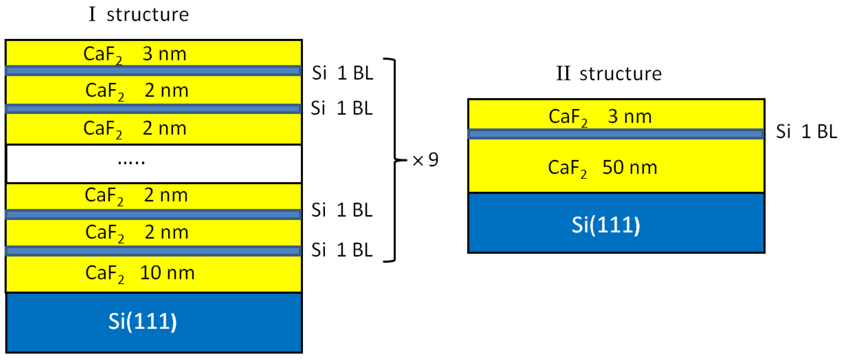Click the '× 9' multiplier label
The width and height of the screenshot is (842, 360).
(x=425, y=160)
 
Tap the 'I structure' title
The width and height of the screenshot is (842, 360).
(x=139, y=15)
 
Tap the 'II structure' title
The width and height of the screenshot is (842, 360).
(x=609, y=74)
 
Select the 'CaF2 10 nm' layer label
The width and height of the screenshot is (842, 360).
(x=140, y=273)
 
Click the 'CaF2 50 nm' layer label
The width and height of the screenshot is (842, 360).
(x=603, y=168)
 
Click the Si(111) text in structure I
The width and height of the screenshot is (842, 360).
(x=143, y=321)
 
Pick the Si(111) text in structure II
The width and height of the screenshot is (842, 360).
(x=606, y=225)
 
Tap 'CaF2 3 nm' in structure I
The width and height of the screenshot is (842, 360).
(x=135, y=54)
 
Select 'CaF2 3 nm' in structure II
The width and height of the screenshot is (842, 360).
(x=600, y=117)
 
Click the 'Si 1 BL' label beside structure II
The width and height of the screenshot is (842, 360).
(x=806, y=132)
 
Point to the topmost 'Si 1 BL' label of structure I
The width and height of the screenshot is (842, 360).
(x=342, y=73)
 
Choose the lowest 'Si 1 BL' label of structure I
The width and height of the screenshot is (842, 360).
(x=342, y=250)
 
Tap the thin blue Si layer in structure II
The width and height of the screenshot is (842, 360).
(x=616, y=134)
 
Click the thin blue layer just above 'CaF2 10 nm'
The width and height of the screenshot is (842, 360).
(x=153, y=251)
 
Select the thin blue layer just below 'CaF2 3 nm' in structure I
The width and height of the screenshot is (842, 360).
(x=153, y=71)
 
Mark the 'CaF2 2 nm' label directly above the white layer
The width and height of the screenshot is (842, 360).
(x=135, y=129)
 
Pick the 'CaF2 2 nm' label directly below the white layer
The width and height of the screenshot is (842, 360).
(x=136, y=196)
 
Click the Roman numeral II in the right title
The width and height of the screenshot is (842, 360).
(x=563, y=73)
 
